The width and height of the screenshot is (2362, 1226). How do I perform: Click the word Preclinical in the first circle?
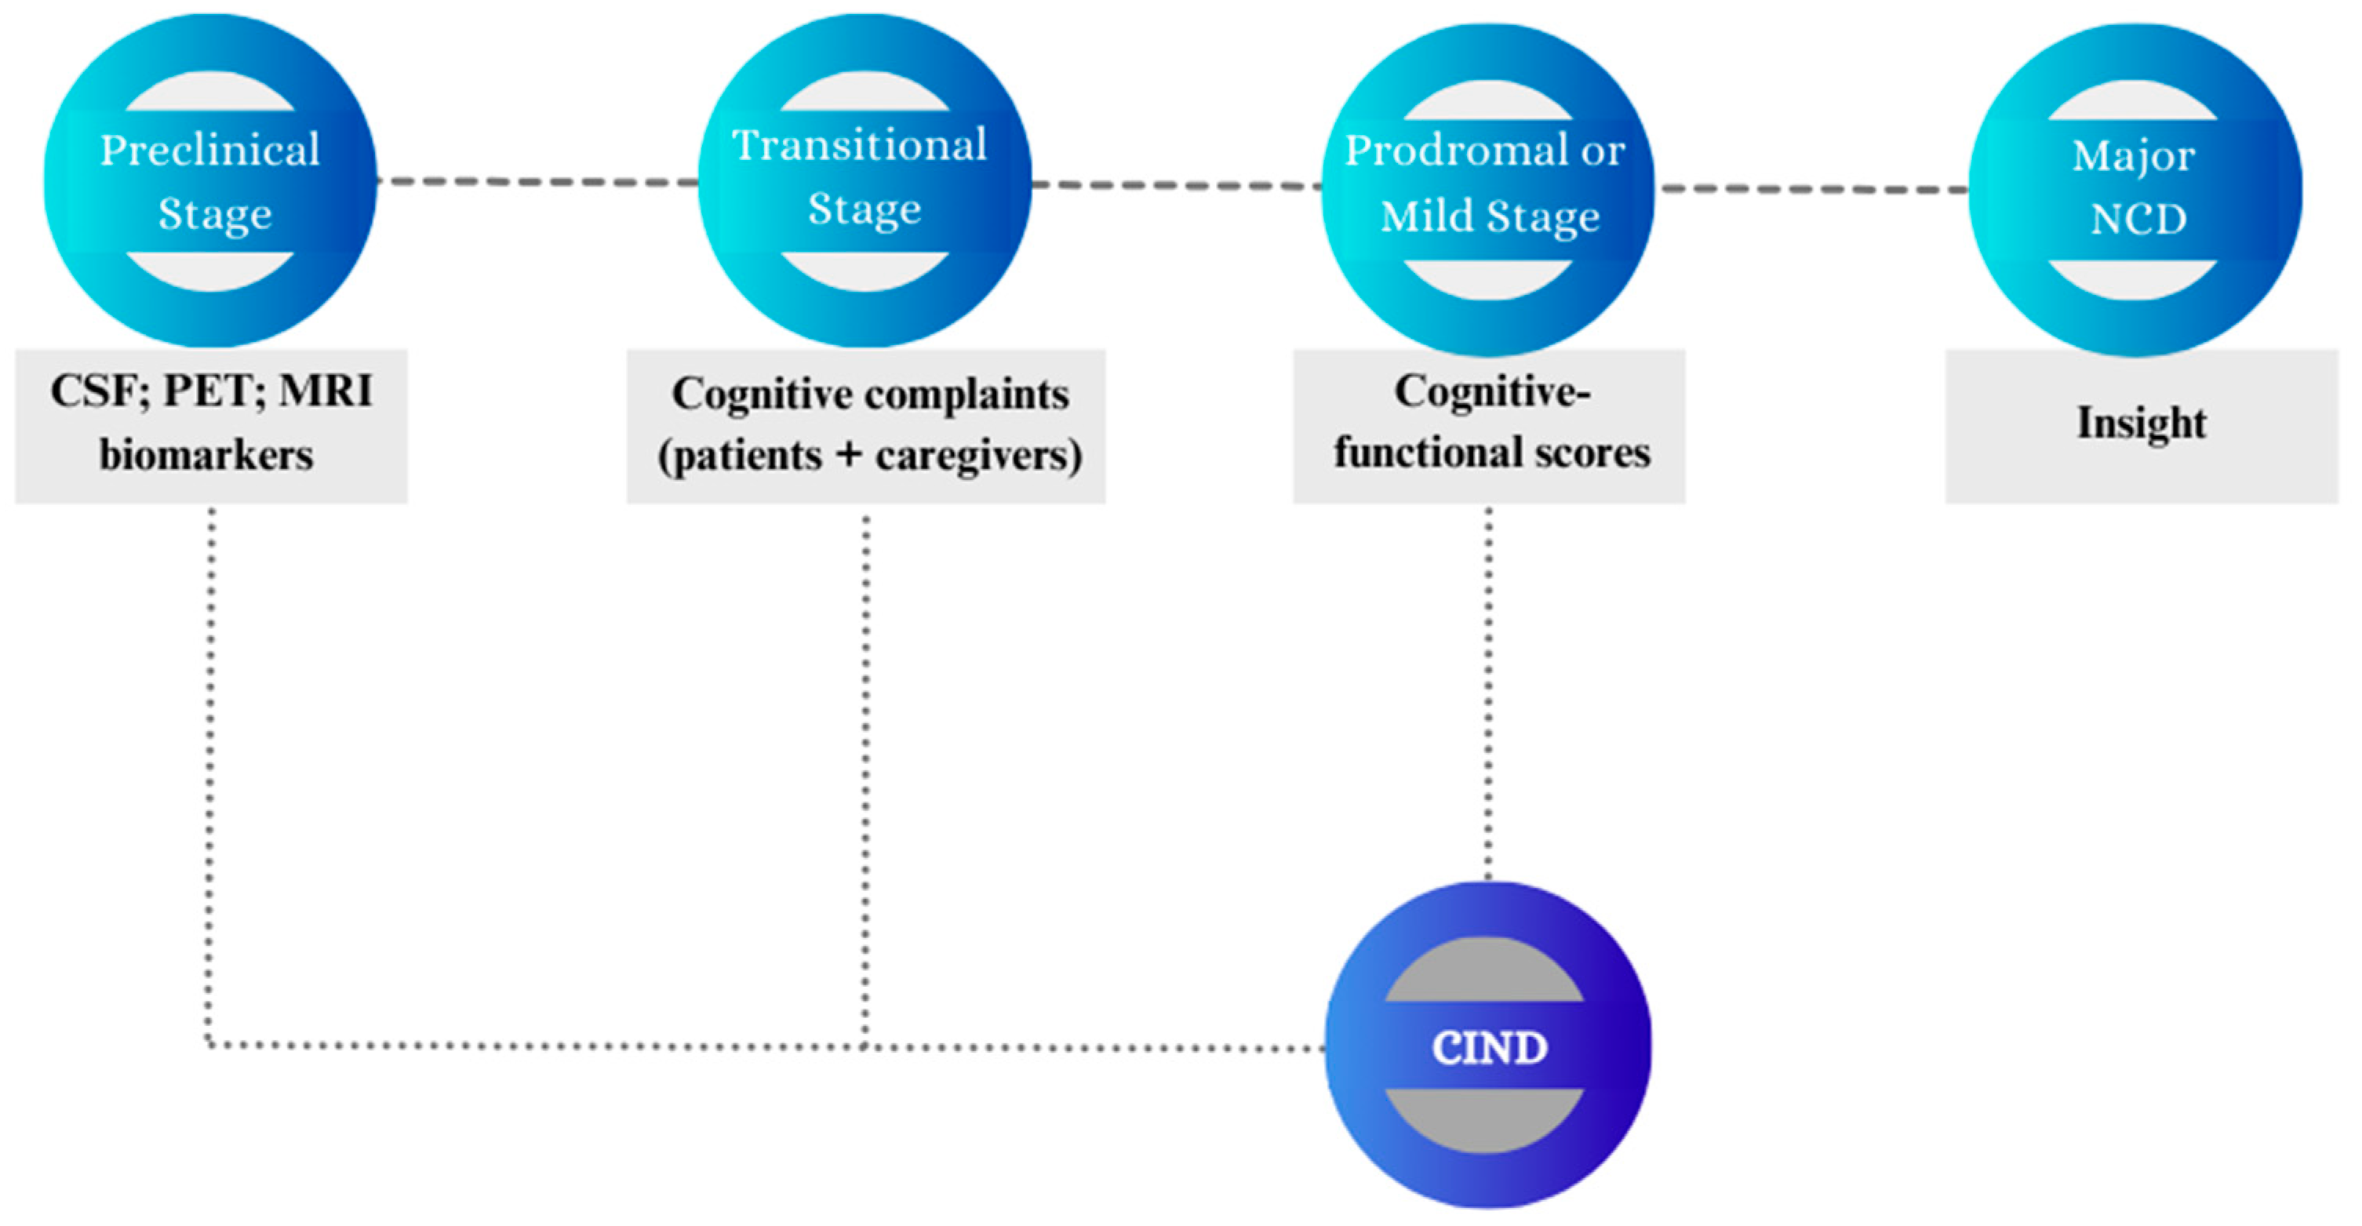point(209,151)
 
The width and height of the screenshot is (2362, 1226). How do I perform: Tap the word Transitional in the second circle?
point(859,146)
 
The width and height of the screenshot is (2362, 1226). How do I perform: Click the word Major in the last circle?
point(2133,157)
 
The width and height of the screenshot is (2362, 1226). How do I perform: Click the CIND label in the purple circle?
point(1489,1047)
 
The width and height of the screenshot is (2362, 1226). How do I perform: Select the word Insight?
point(2141,423)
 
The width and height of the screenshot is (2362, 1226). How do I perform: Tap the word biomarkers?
point(206,455)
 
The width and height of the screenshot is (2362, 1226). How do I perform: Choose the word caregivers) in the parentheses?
point(978,456)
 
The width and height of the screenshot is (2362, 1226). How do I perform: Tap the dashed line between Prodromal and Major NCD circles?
point(1814,189)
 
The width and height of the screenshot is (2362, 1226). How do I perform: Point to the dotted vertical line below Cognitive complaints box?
point(865,780)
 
